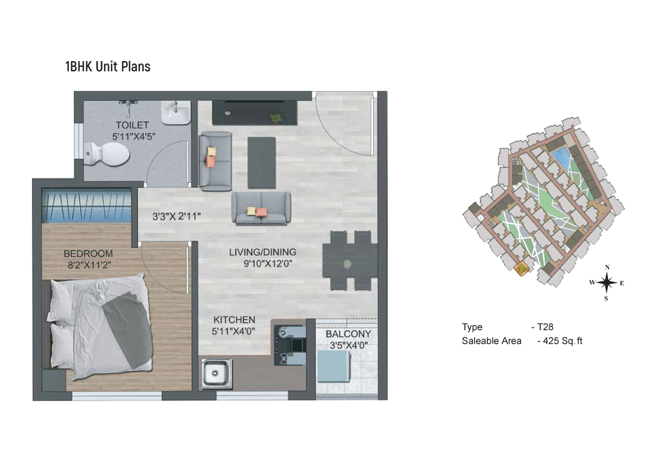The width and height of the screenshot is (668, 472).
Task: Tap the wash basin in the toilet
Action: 176,112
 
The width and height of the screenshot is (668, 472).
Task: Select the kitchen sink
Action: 216,373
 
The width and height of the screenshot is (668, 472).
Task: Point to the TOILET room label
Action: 132,125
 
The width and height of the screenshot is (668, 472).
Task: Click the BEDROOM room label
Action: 88,254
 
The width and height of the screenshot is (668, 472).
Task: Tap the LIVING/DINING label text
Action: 262,252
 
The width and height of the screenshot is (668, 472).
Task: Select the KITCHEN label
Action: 234,320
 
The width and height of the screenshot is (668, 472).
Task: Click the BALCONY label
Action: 348,334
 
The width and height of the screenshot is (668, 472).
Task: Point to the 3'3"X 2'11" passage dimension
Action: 176,216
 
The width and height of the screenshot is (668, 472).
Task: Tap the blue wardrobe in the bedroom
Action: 86,205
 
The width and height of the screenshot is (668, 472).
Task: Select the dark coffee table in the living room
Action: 261,163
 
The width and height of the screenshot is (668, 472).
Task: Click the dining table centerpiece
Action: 348,264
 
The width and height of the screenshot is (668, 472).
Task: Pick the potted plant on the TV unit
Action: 275,118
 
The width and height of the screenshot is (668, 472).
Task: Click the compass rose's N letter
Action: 607,267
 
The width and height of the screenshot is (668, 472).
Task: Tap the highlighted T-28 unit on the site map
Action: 522,270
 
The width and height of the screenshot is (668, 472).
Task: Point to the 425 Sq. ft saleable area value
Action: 563,341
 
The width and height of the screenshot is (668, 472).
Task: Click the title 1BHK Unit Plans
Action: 108,67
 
